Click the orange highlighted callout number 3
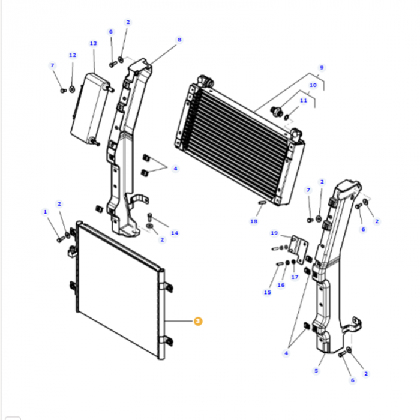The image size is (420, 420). point(198,321)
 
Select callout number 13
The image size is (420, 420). point(93,43)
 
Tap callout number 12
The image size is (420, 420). point(73,55)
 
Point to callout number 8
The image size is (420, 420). point(179,40)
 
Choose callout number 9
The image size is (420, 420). point(322,67)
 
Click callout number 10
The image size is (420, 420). point(313,85)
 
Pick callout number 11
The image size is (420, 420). point(304,100)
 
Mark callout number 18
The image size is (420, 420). point(254,221)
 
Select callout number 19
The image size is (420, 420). point(274,233)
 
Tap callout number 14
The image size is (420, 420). point(175,233)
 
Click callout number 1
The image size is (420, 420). point(45,212)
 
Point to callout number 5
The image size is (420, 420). point(316,371)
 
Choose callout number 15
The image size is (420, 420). point(268,292)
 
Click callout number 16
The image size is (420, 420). point(281,285)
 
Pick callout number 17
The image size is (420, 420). point(295,277)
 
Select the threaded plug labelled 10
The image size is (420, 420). point(277,111)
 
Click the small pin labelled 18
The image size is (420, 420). point(262,203)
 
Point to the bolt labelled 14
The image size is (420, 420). point(149,217)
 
